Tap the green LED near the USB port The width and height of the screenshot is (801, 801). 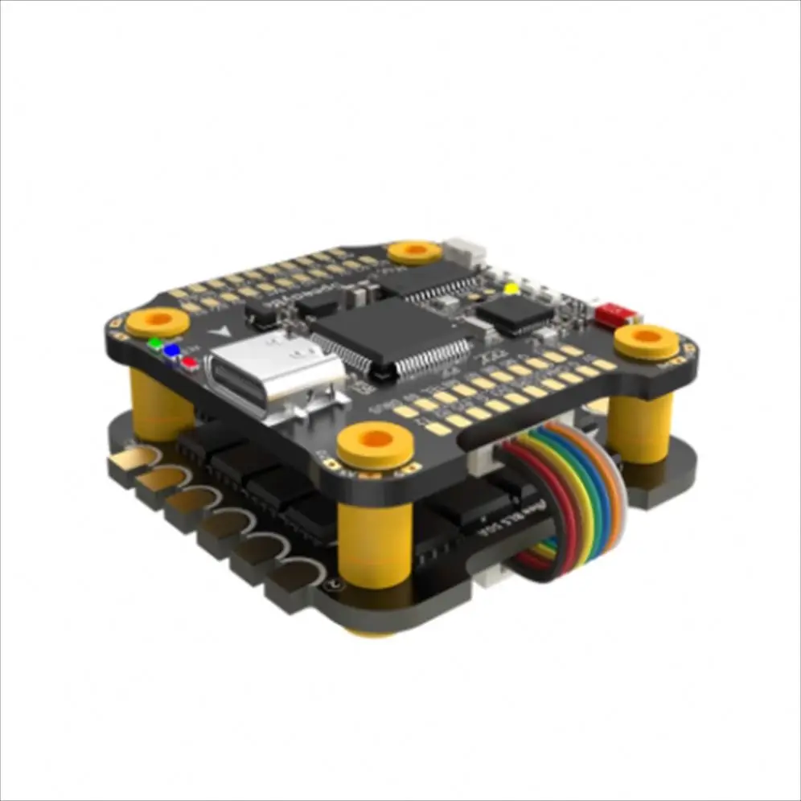pos(153,343)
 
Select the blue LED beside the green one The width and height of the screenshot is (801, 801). pos(170,351)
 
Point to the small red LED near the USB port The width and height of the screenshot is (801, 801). pos(190,361)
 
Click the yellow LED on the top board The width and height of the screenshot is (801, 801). pos(509,287)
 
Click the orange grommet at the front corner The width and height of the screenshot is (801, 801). pos(373,442)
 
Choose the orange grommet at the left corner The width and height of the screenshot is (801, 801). pos(158,320)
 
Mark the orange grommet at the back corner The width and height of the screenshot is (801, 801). pos(413,252)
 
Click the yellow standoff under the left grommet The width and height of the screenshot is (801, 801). pos(161,402)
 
